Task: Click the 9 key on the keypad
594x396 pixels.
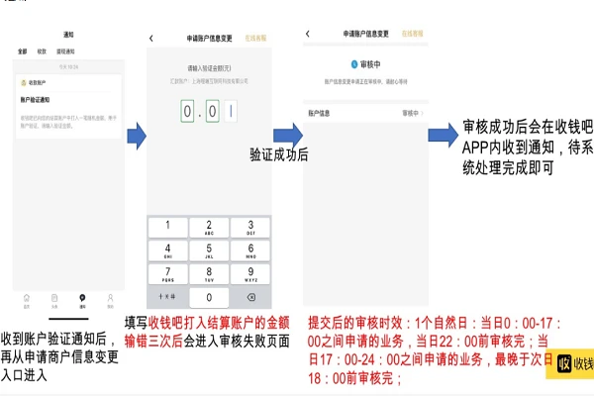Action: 250,273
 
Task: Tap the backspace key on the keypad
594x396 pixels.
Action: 250,297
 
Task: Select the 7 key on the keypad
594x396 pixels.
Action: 165,273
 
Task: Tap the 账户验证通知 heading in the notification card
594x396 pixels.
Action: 37,100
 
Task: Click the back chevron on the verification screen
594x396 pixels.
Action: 151,39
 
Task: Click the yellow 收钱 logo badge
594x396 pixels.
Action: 575,364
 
